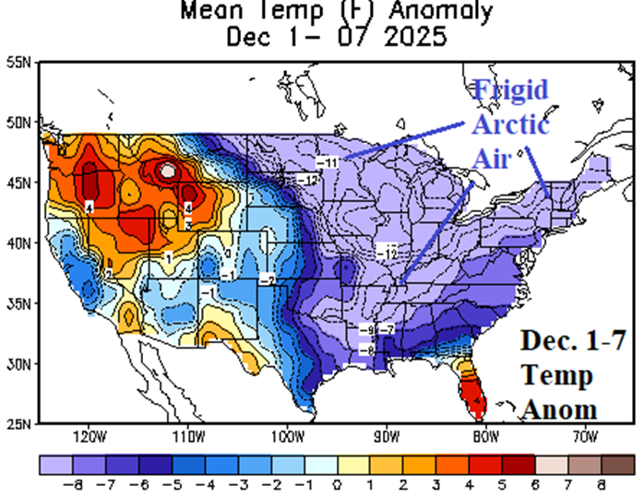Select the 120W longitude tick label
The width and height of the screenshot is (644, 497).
pos(89,436)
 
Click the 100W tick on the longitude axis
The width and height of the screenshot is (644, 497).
pos(287,436)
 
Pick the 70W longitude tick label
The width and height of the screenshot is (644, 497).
pos(584,436)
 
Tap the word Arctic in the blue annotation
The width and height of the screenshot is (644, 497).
pos(512,125)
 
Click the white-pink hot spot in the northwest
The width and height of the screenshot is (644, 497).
pos(167,171)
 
